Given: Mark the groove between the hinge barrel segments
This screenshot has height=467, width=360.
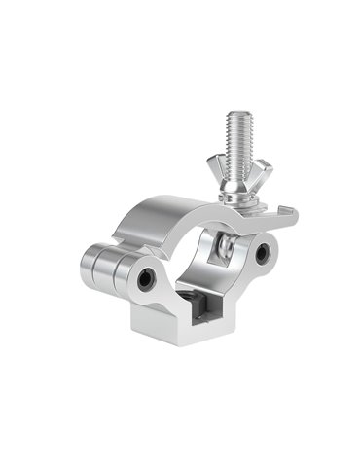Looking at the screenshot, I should [114, 271].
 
